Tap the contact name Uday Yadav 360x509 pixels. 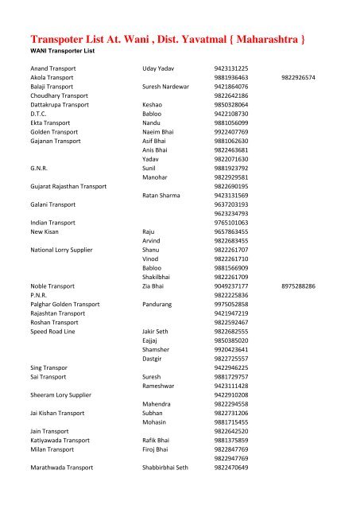pyautogui.click(x=160, y=69)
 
